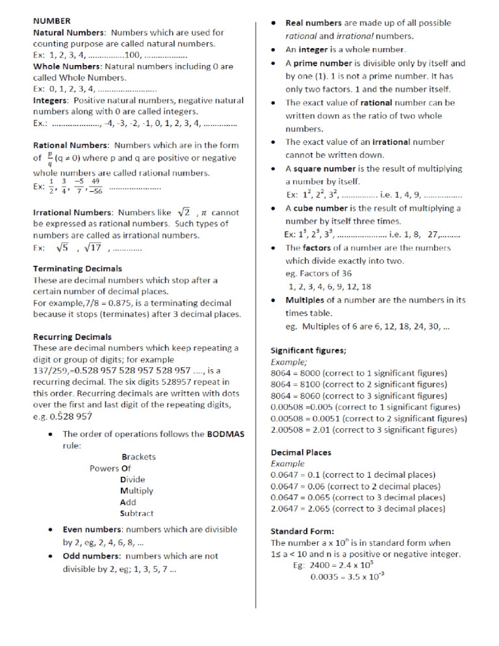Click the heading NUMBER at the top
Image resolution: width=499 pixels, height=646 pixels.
[53, 21]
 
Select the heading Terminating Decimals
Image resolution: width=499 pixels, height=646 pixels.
[77, 268]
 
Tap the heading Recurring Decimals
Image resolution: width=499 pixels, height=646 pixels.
[72, 337]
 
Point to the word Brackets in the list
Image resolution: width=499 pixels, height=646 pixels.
[138, 456]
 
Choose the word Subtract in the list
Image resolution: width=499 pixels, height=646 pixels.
[136, 513]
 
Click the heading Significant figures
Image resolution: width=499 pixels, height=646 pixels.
[308, 350]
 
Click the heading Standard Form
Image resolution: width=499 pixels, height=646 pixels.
[302, 530]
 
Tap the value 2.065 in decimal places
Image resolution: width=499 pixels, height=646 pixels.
[315, 508]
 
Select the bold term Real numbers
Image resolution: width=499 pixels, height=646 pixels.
[316, 23]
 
